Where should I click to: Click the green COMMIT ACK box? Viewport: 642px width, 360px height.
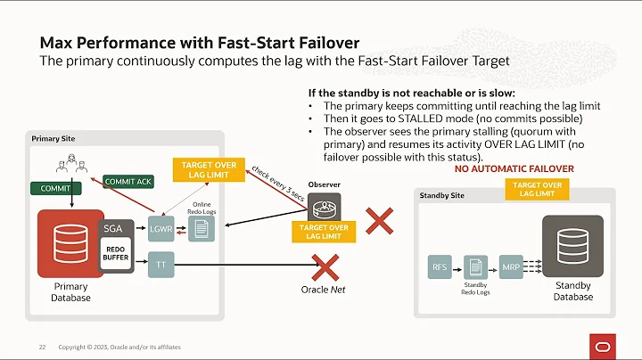click(x=127, y=182)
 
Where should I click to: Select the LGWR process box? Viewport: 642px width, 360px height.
click(x=160, y=230)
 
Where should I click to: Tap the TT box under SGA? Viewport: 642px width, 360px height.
click(x=160, y=265)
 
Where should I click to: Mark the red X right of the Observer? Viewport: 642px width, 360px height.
click(x=381, y=221)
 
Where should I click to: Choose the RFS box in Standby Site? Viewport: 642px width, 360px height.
click(x=440, y=266)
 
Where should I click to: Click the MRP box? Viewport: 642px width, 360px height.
click(x=510, y=266)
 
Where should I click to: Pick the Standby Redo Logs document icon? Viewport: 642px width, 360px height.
click(x=475, y=266)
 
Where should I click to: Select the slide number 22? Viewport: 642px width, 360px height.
click(x=41, y=347)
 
